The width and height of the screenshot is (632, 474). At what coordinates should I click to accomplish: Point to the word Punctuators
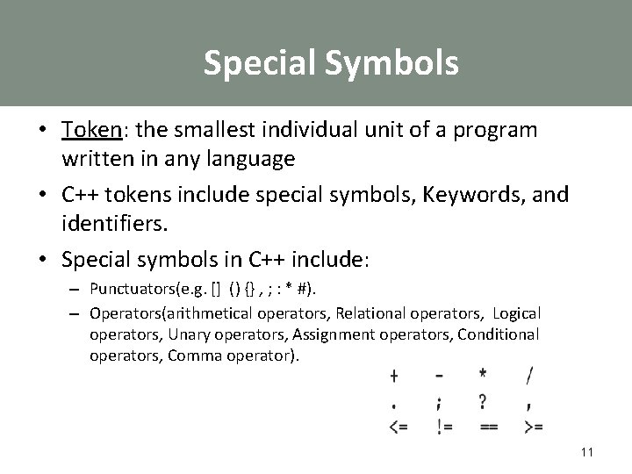click(x=132, y=289)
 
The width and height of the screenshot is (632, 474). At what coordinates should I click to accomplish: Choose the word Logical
click(x=517, y=313)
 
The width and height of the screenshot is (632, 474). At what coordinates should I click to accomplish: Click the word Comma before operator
click(x=191, y=355)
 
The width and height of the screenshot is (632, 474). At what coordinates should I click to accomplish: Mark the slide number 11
click(x=587, y=452)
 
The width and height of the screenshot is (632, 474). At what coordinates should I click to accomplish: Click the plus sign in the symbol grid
click(x=394, y=377)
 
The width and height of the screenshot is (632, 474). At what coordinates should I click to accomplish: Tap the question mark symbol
click(x=484, y=402)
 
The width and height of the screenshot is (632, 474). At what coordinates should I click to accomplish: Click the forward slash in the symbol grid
click(x=529, y=377)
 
